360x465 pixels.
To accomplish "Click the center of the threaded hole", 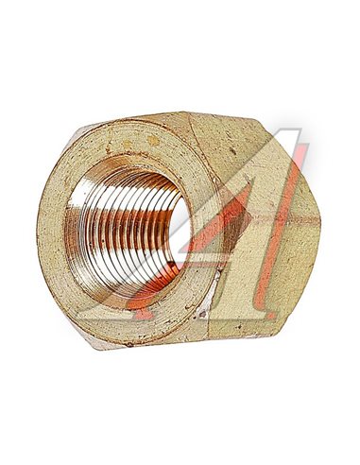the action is pos(128,232).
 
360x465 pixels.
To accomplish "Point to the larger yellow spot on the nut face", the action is pos(153,141).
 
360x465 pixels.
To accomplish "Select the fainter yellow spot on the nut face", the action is pos(128,144).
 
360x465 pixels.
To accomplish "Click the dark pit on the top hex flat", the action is pos(233,151).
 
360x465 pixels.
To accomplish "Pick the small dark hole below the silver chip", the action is pos(202,314).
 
